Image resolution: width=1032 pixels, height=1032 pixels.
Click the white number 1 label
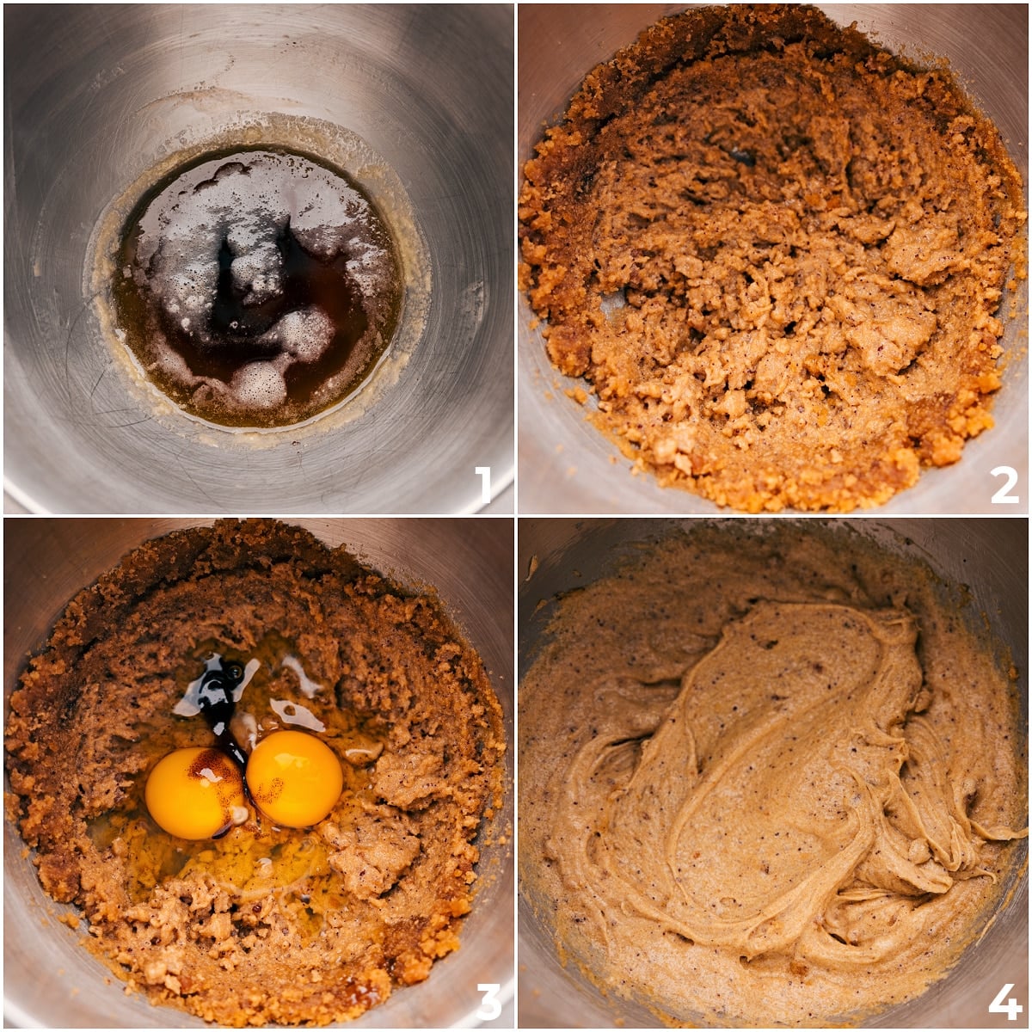[483, 484]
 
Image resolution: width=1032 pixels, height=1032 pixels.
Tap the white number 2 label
[1003, 485]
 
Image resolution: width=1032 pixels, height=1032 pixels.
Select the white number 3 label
[488, 1001]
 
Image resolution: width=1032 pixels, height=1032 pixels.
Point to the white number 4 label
[1004, 1001]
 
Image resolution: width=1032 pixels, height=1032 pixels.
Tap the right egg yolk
[294, 778]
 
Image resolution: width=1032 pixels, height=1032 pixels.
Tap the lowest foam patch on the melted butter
[258, 384]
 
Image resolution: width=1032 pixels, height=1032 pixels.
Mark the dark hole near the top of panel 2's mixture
[738, 155]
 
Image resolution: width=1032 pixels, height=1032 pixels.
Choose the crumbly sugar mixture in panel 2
[774, 301]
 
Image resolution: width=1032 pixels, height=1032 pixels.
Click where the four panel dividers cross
[516, 516]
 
